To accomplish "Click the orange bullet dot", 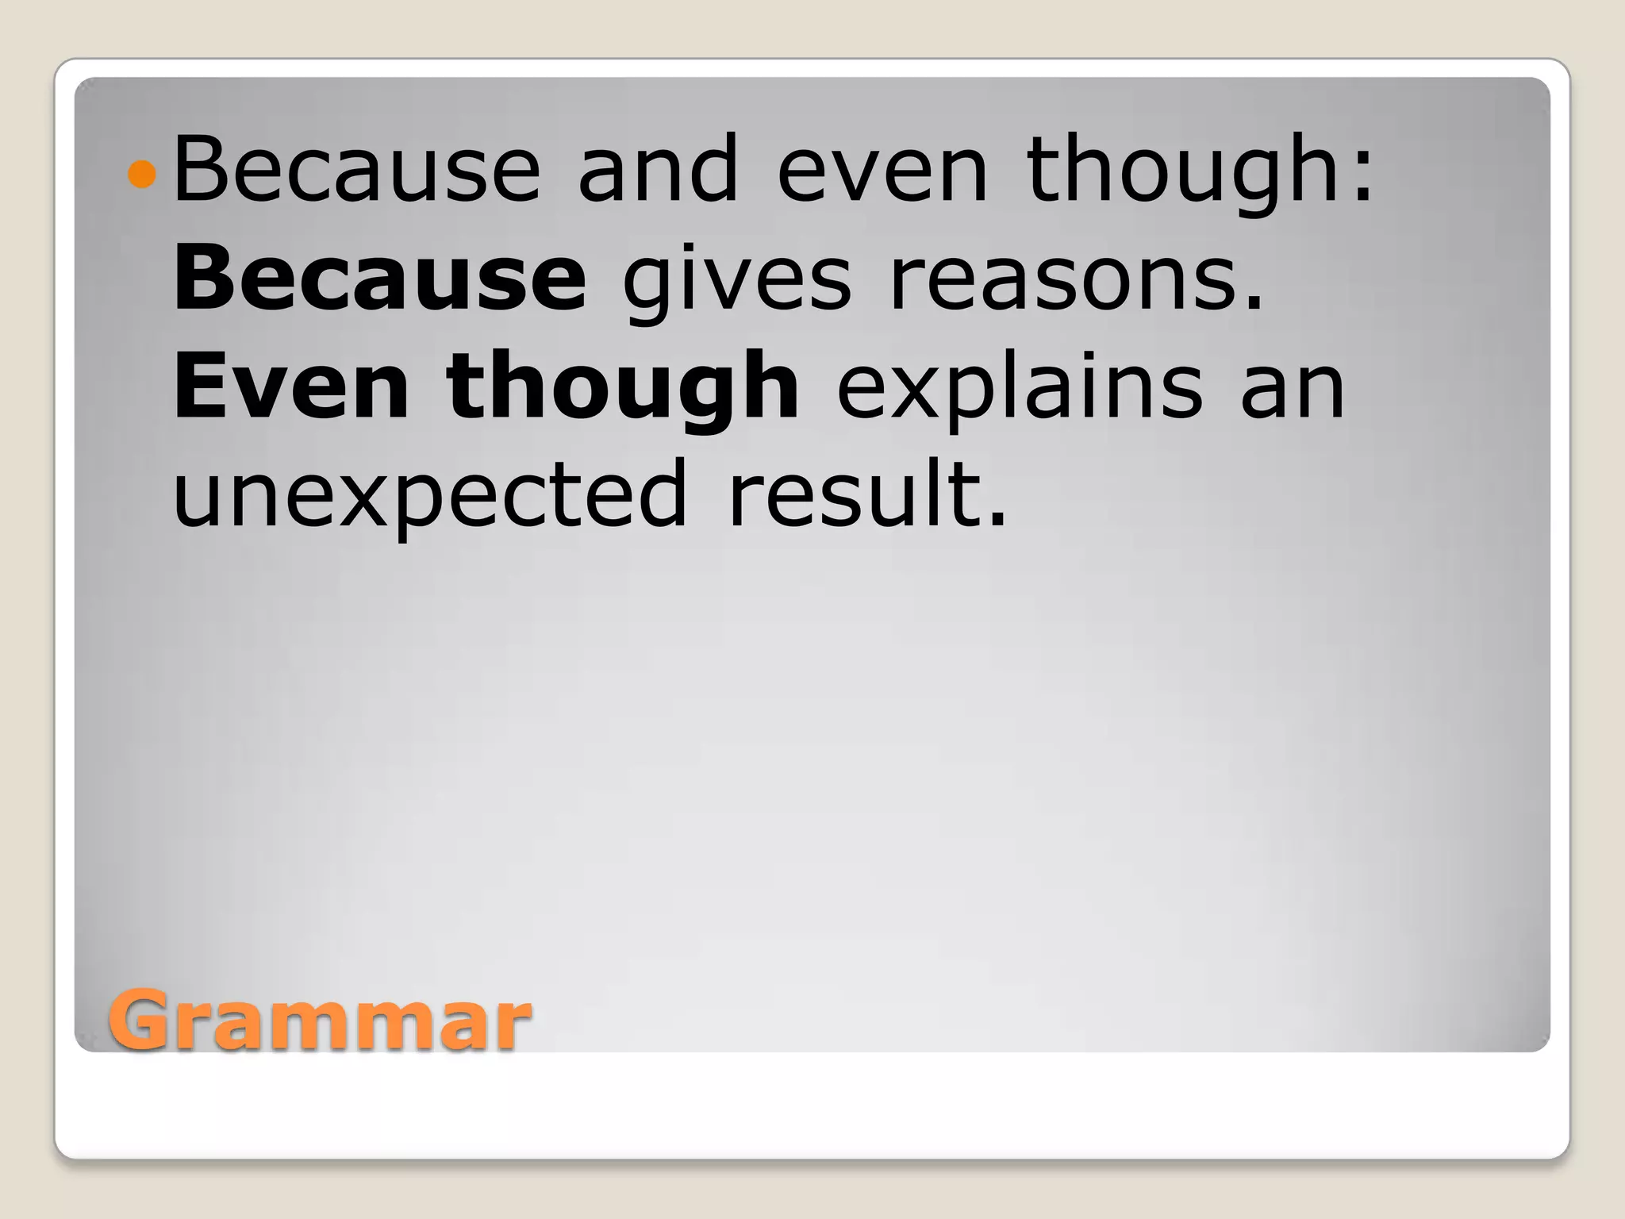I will click(x=142, y=174).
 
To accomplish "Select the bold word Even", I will click(x=290, y=386).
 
